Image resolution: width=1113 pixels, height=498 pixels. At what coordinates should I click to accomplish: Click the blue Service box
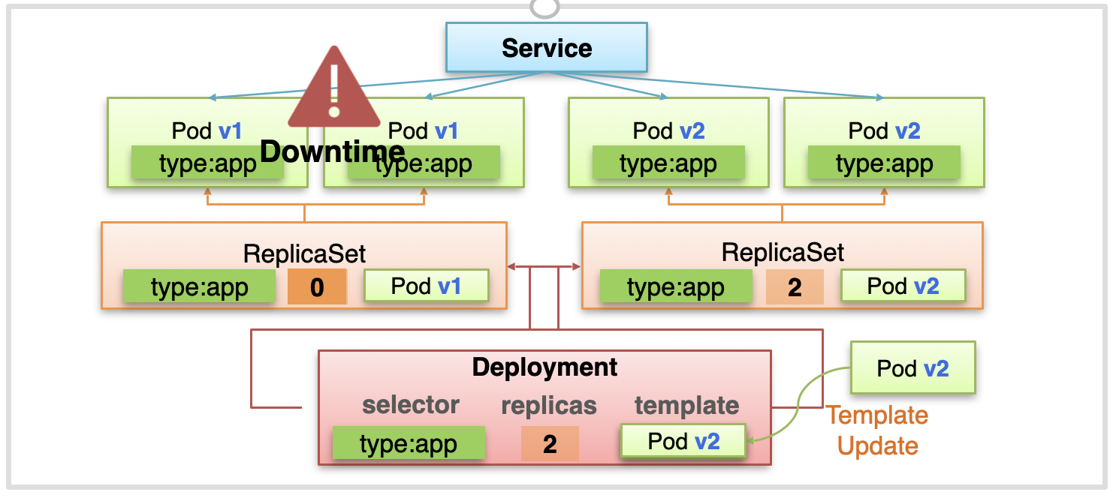point(547,47)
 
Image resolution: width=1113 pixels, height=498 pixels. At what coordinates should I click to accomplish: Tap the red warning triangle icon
point(334,87)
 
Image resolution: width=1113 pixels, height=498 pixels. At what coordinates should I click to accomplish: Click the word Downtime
point(333,151)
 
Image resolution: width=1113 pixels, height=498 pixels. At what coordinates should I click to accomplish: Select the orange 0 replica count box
point(317,286)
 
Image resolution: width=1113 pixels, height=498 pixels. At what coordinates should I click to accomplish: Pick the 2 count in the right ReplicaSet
point(795,286)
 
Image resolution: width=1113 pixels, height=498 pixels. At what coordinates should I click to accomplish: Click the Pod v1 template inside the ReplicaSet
point(427,286)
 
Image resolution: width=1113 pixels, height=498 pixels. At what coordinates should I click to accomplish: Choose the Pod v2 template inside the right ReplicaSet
point(903,286)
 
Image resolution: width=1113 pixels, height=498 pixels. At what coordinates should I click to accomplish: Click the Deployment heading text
point(544,367)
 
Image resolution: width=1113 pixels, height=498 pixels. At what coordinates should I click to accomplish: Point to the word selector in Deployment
point(410,405)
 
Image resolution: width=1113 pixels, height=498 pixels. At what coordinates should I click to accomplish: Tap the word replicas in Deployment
point(548,406)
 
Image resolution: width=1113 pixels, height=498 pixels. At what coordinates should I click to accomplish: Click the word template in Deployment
point(686,405)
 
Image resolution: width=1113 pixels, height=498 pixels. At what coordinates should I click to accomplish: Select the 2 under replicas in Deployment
point(550,443)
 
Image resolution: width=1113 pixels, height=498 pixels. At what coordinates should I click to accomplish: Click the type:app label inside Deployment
point(409,443)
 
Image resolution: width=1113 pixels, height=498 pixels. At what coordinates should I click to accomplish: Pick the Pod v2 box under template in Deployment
point(683,441)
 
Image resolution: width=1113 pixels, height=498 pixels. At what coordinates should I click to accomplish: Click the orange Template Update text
point(877,430)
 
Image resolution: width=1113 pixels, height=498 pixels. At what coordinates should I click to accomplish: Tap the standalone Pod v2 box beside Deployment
point(913,368)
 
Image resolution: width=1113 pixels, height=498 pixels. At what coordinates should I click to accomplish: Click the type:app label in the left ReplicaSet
point(199,286)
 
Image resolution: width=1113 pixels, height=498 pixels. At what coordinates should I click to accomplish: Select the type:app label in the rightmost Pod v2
point(885,162)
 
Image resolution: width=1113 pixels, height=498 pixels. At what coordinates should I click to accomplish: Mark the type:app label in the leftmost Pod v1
point(207,162)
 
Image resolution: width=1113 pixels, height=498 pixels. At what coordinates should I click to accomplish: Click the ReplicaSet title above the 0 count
point(304,254)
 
